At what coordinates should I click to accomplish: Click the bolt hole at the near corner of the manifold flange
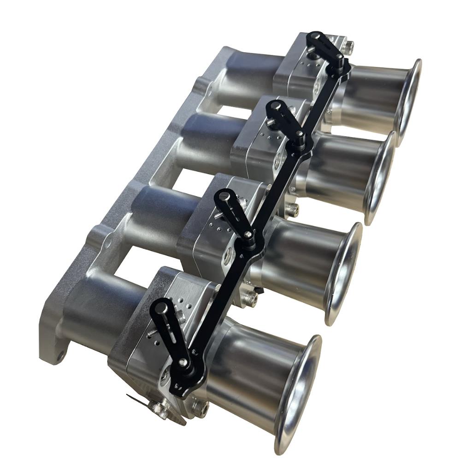pyautogui.click(x=59, y=356)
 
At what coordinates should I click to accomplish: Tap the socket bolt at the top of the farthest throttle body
pyautogui.click(x=349, y=46)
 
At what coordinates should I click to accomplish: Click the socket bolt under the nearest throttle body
pyautogui.click(x=201, y=408)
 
